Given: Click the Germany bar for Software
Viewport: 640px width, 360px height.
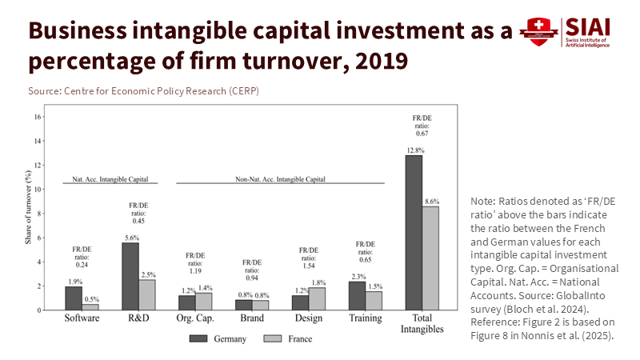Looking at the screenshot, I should [74, 298].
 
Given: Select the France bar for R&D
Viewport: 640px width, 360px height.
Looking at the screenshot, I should [146, 294].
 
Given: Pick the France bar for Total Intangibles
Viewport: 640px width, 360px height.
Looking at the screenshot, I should [430, 258].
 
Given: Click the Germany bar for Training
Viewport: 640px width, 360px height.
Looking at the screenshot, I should [357, 295].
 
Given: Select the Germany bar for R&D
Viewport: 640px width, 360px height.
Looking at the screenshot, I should [130, 276].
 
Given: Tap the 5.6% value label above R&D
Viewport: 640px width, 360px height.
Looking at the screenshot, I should [130, 238].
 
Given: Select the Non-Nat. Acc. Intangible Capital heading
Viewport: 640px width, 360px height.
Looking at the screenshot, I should [280, 179].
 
